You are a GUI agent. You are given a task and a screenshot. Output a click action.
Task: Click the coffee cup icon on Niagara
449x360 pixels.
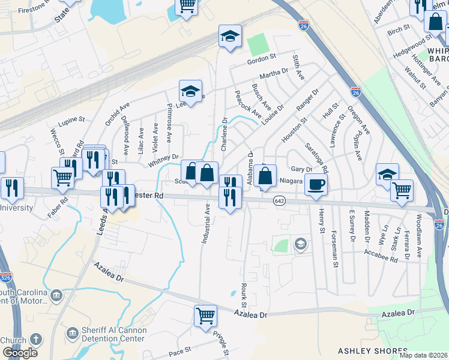pyautogui.click(x=316, y=185)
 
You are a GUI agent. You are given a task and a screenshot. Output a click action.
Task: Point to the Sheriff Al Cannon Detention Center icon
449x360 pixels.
pyautogui.click(x=73, y=332)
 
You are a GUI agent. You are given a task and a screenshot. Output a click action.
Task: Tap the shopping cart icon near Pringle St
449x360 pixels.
pyautogui.click(x=205, y=315)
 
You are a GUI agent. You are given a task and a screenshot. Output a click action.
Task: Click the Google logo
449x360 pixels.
pyautogui.click(x=20, y=353)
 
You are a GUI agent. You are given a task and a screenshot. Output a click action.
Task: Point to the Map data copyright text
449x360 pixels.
pyautogui.click(x=424, y=355)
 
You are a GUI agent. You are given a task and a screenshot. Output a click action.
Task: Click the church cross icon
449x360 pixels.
pyautogui.click(x=36, y=339)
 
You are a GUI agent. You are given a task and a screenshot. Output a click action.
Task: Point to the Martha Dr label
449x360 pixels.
pyautogui.click(x=274, y=74)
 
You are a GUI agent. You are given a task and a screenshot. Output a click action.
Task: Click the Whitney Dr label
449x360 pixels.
pyautogui.click(x=164, y=160)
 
